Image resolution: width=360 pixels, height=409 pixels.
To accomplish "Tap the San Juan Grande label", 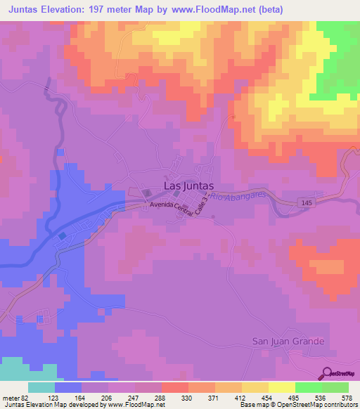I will coord(288,342).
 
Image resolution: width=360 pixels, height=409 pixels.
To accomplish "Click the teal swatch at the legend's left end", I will coord(41,387).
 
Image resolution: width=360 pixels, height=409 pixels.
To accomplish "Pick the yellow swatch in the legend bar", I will coord(281,387).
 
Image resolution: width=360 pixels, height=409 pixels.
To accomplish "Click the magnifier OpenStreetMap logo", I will coord(328,374).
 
